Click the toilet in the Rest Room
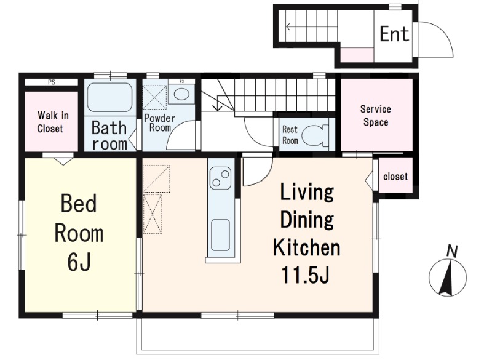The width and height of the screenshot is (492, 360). (x=315, y=135)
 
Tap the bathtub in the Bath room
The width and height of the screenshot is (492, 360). (x=109, y=97)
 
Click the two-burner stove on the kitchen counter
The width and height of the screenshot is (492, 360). (x=221, y=178)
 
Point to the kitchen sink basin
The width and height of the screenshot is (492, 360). (x=220, y=234)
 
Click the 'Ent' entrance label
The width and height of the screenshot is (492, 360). (x=394, y=34)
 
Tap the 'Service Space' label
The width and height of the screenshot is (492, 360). (x=376, y=116)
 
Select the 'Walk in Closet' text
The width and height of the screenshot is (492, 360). (x=53, y=122)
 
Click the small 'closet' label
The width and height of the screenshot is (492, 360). (x=395, y=177)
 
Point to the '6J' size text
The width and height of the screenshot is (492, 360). (x=79, y=262)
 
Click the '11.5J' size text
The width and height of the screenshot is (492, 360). (x=305, y=274)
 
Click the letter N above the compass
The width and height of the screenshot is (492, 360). (x=452, y=251)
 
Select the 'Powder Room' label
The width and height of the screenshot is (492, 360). (x=159, y=122)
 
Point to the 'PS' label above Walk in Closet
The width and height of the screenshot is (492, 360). (x=52, y=82)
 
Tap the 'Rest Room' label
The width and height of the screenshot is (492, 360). (x=290, y=135)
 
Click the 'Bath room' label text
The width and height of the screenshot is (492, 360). (x=109, y=135)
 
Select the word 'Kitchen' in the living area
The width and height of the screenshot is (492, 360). (x=306, y=247)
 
